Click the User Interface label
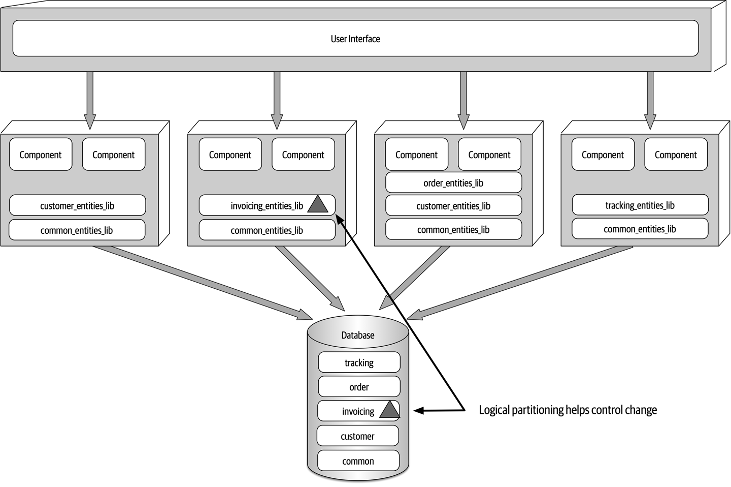point(355,39)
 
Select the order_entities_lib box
point(453,183)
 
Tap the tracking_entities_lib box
point(640,205)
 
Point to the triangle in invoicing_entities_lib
point(318,205)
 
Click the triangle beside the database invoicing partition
point(389,410)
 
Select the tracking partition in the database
point(359,362)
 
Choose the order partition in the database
point(359,387)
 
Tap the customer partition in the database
point(357,436)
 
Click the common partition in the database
point(358,461)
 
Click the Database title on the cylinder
point(358,335)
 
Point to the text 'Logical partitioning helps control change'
point(568,410)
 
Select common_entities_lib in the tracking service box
point(640,229)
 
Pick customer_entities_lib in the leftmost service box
point(77,206)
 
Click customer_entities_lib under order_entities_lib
point(453,206)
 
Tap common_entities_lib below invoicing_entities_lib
point(267,230)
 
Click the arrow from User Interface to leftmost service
point(90,99)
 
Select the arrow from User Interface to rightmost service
point(650,99)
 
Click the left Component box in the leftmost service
point(41,155)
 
